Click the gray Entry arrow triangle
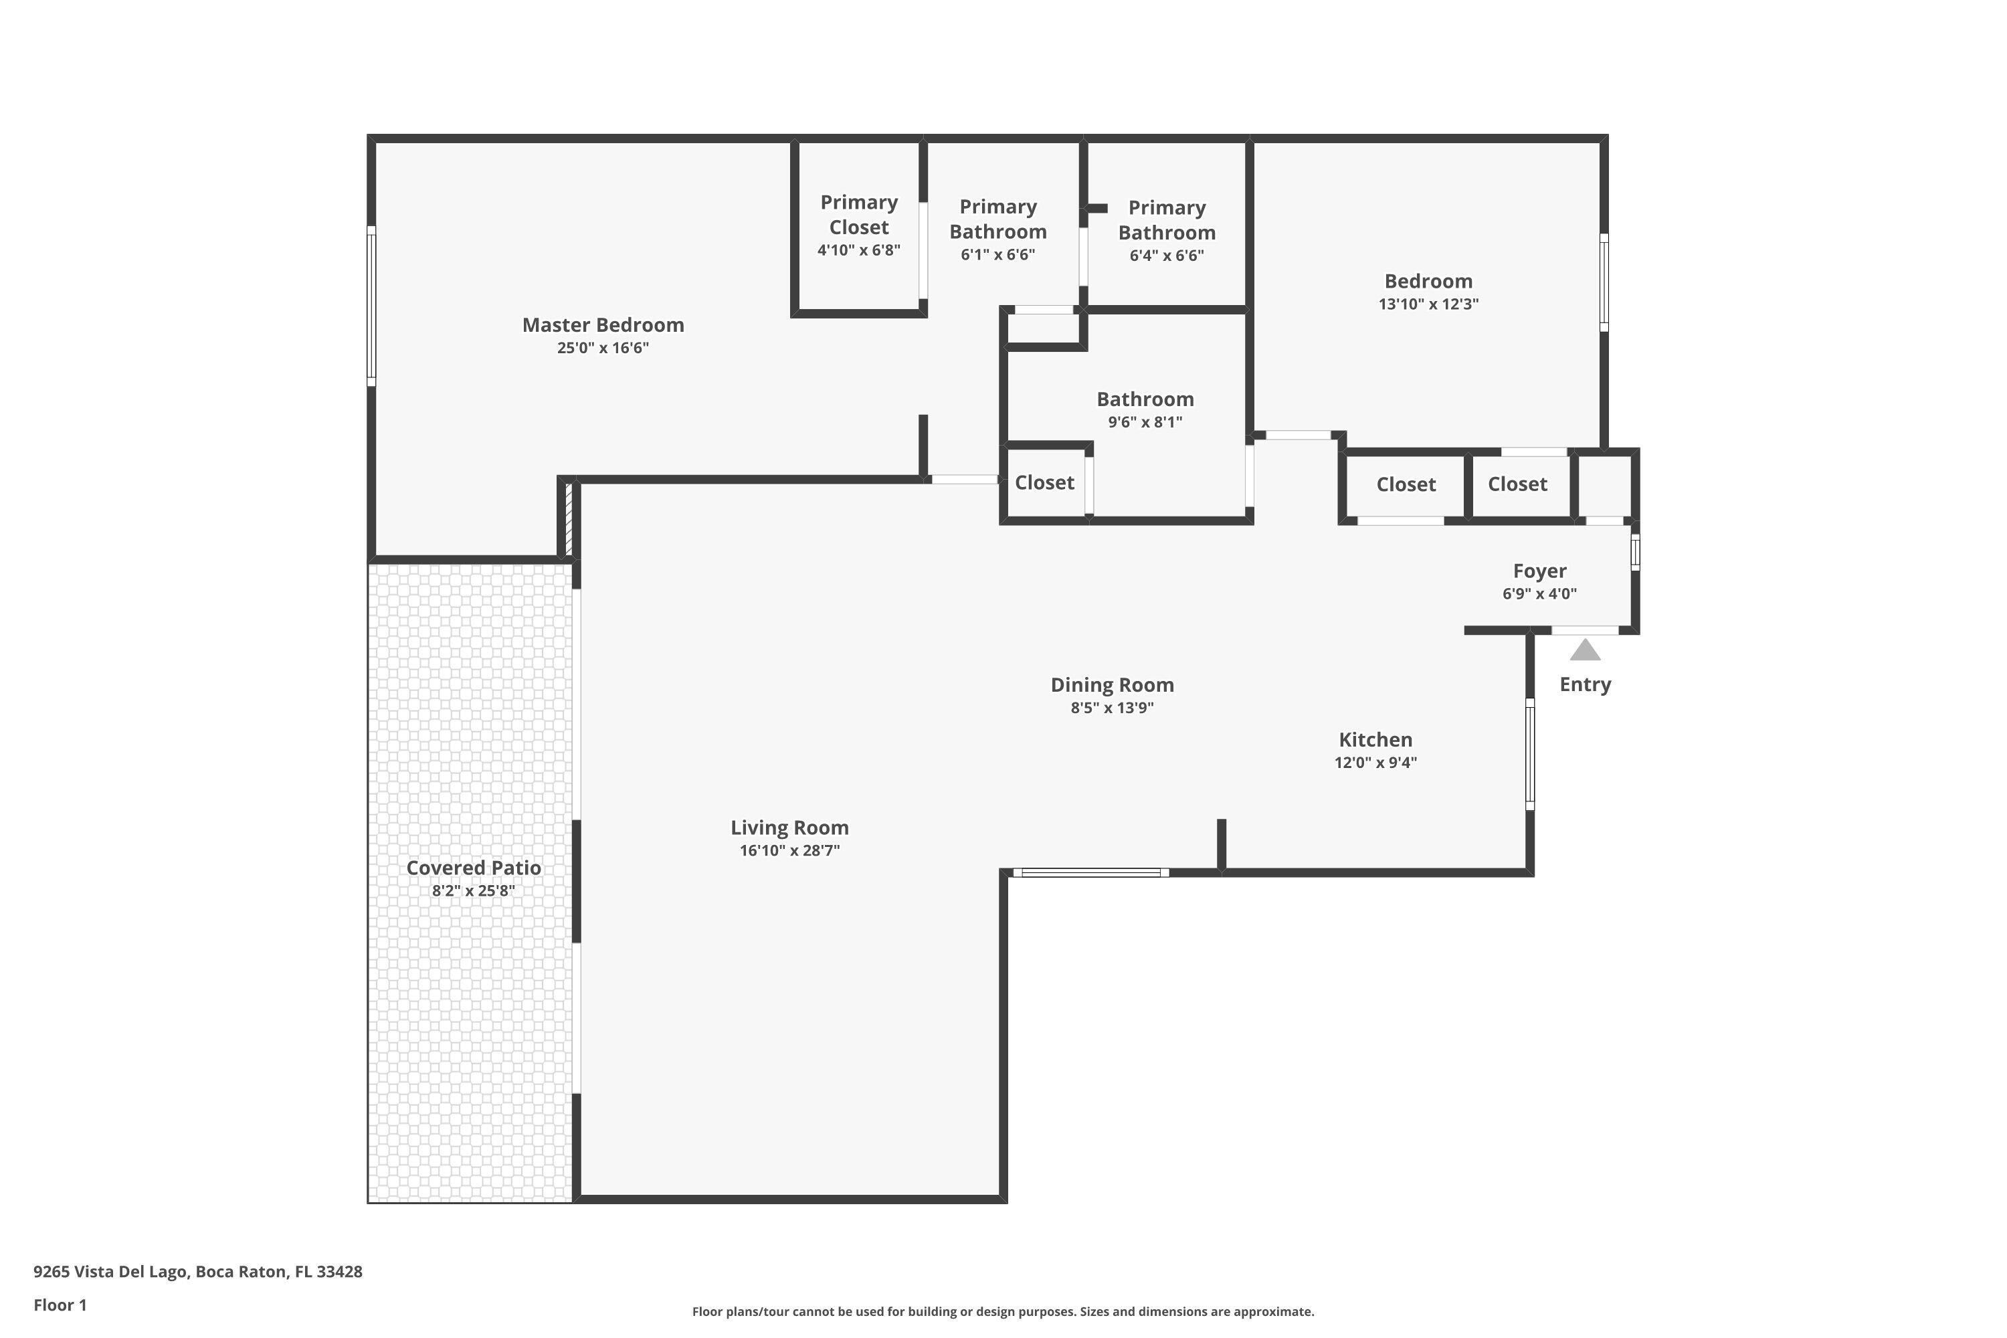pos(1585,650)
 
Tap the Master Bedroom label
pos(603,325)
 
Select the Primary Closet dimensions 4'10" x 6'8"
pos(858,250)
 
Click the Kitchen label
pos(1375,740)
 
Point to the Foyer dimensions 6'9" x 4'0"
pos(1539,594)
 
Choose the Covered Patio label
pos(474,868)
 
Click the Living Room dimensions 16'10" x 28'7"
pos(789,851)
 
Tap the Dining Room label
pos(1112,685)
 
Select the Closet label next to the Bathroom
pos(1044,483)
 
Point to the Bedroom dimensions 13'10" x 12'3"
pos(1428,304)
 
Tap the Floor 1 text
pos(60,1305)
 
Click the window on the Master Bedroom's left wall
pos(371,306)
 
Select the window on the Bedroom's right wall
pos(1604,282)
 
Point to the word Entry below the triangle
pos(1585,684)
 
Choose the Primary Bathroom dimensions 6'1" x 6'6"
pos(997,255)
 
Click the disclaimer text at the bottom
pos(1003,1311)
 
